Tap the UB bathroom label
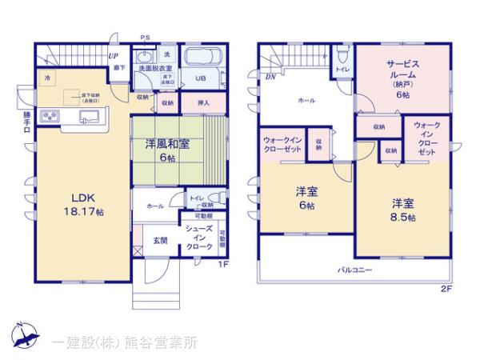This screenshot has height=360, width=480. [201, 78]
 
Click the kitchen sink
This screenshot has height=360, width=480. [87, 118]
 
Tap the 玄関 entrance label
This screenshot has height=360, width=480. [160, 239]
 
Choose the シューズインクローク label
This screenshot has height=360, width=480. [198, 238]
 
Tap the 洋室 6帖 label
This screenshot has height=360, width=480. [303, 198]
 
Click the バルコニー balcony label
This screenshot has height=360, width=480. [354, 270]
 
